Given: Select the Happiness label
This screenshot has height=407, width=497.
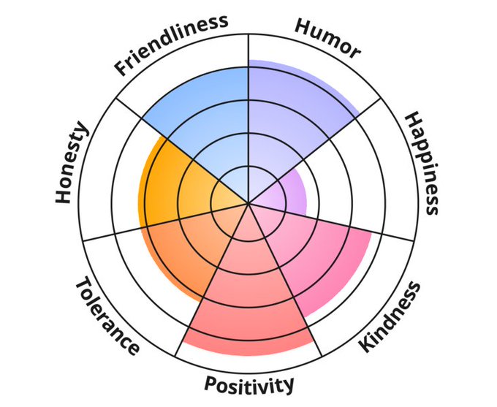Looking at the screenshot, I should click(x=422, y=163).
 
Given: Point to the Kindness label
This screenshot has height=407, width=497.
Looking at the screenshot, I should click(x=391, y=316).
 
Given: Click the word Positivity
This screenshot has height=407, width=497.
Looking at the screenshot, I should click(x=249, y=383).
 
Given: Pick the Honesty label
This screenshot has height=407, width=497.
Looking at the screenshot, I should click(x=72, y=164).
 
